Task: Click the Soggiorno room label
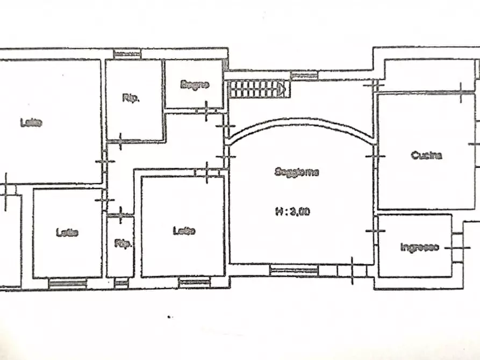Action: (297, 172)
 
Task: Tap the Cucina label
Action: (426, 156)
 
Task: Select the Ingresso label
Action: (420, 248)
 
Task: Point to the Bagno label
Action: (194, 84)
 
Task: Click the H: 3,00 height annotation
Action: (292, 212)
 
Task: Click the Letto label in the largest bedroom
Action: (32, 123)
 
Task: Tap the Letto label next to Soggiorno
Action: (184, 231)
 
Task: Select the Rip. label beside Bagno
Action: (131, 98)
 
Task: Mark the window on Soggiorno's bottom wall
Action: (293, 270)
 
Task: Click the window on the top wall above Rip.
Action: (127, 53)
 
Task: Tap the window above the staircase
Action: (304, 75)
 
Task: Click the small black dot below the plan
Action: (169, 317)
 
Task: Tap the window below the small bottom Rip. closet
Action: (122, 282)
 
